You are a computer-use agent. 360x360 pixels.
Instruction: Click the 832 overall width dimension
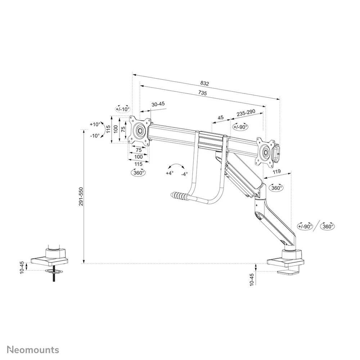click(204, 84)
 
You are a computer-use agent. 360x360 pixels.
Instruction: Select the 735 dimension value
click(202, 93)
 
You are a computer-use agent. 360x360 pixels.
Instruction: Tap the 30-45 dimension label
click(158, 104)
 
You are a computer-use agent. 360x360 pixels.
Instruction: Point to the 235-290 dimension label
click(246, 112)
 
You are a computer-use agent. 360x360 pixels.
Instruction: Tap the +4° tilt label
click(170, 173)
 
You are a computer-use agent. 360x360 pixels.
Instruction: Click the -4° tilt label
click(184, 174)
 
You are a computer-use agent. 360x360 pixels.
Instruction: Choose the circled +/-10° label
click(122, 109)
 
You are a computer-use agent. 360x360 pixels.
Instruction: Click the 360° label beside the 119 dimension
click(276, 188)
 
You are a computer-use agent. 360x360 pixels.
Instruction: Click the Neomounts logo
click(33, 350)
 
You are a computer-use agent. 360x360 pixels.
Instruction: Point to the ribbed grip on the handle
click(180, 197)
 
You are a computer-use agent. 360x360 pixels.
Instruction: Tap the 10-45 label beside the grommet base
click(22, 267)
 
